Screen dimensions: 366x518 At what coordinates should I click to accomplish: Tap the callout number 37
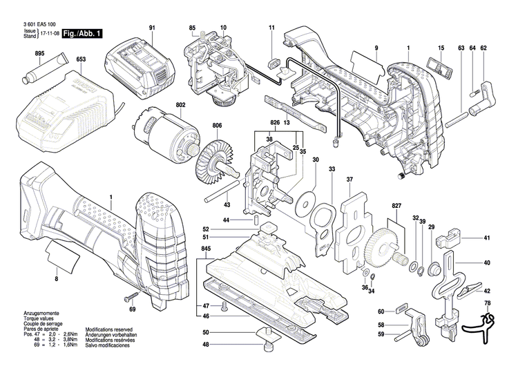point(349,180)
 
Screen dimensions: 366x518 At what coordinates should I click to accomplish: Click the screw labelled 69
point(131,298)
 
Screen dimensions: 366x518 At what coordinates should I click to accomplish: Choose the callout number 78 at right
point(487,304)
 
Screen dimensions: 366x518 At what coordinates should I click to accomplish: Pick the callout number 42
point(487,291)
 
